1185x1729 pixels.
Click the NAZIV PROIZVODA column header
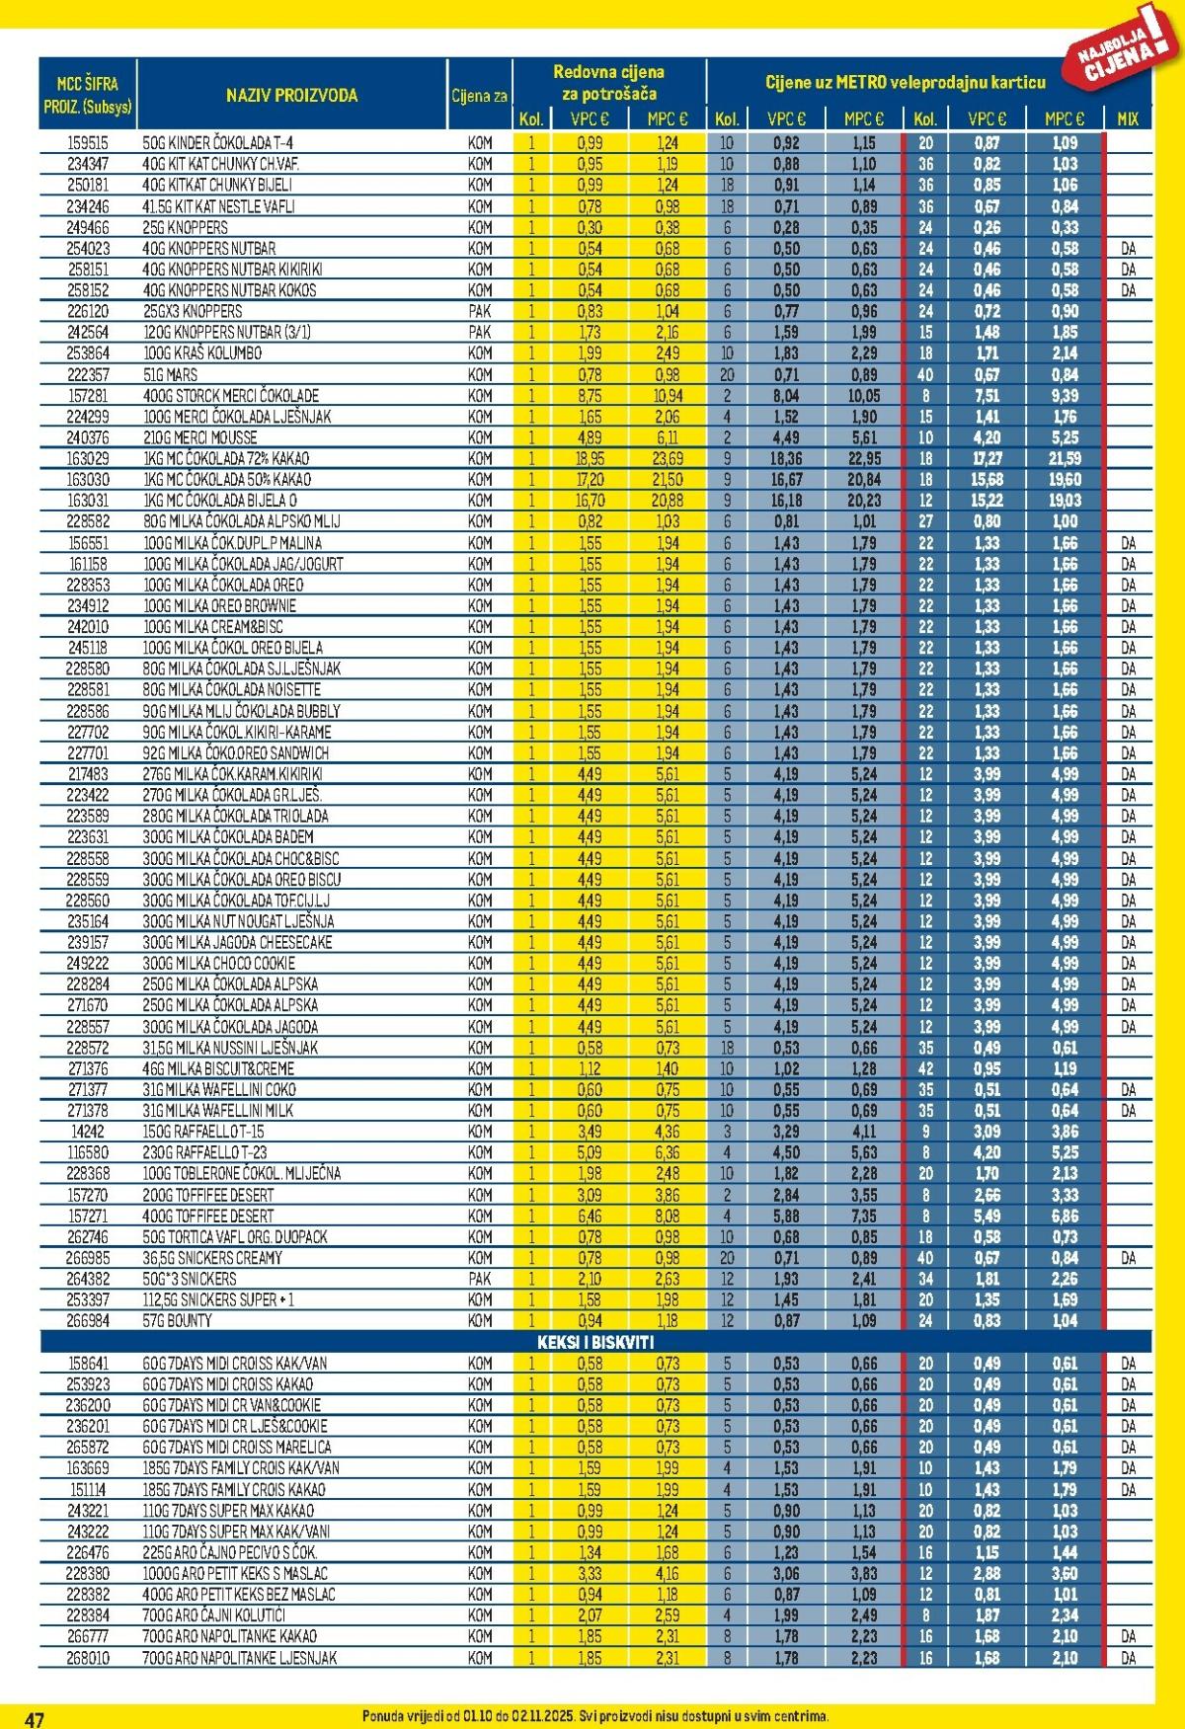(x=291, y=96)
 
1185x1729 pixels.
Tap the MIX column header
(x=1127, y=119)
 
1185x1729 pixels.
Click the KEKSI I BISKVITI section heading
(x=595, y=1343)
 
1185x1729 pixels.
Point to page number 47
(x=35, y=1719)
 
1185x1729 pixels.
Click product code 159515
(x=88, y=143)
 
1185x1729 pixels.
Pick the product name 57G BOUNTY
(x=178, y=1321)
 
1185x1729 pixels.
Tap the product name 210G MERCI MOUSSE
(x=200, y=437)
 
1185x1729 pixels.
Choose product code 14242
(x=88, y=1132)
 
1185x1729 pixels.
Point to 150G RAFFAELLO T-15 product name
(x=204, y=1132)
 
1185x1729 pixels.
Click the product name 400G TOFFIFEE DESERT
(x=208, y=1217)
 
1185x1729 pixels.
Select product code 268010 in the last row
(x=88, y=1658)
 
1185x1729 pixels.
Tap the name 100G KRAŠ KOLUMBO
(x=202, y=354)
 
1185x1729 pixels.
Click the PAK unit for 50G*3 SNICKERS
(x=480, y=1280)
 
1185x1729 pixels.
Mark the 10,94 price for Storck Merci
(x=668, y=396)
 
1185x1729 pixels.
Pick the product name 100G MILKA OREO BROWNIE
(x=219, y=606)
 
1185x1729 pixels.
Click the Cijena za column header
(x=480, y=97)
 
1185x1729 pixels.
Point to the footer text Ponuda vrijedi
(x=595, y=1716)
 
